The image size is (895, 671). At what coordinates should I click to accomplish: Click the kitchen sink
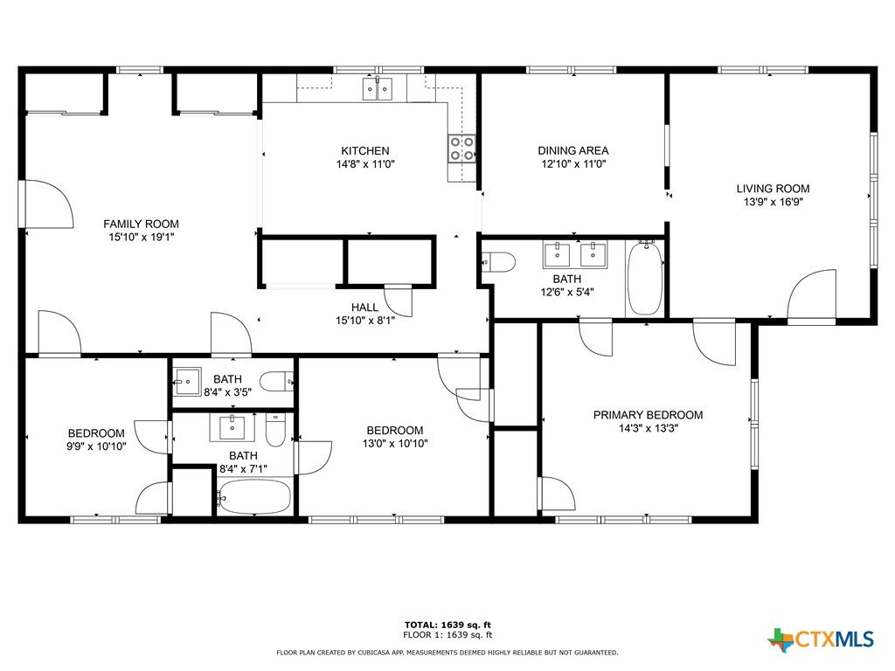(x=378, y=90)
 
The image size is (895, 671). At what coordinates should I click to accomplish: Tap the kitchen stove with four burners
(x=461, y=148)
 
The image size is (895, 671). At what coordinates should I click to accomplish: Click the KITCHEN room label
(x=365, y=150)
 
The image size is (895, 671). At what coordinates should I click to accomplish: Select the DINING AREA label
(x=573, y=150)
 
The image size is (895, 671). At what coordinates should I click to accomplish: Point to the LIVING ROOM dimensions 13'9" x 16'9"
(x=773, y=202)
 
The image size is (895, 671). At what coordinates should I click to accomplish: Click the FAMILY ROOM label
(x=141, y=224)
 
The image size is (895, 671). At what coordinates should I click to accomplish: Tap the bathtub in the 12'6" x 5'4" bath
(x=645, y=278)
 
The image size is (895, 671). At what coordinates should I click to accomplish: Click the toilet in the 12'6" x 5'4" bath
(x=498, y=262)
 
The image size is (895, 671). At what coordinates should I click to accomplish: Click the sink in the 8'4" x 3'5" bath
(x=187, y=382)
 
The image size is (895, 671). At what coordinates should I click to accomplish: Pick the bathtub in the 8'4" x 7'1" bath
(x=254, y=497)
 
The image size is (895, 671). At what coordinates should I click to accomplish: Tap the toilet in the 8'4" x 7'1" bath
(x=275, y=430)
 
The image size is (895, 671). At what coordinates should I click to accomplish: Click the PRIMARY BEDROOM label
(x=648, y=415)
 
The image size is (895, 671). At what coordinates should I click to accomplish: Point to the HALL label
(x=364, y=308)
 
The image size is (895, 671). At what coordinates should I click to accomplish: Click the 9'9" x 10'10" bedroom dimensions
(x=96, y=446)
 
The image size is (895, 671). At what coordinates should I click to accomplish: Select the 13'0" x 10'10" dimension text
(x=395, y=443)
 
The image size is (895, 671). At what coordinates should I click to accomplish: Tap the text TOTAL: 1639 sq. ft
(x=447, y=625)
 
